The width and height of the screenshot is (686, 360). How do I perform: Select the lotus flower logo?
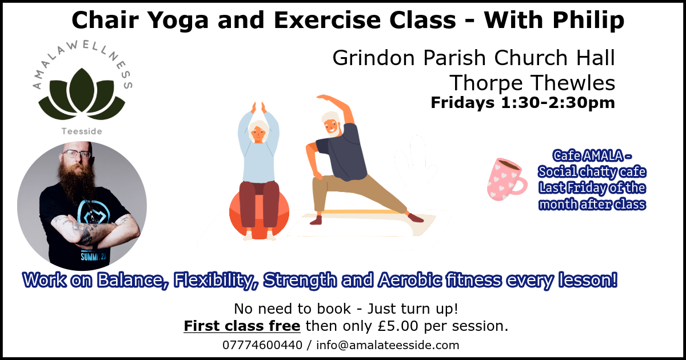point(82,93)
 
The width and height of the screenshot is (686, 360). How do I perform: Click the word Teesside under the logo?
point(82,131)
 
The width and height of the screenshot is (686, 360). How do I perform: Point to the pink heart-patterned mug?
point(506,179)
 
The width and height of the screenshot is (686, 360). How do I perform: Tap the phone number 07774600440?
point(262,345)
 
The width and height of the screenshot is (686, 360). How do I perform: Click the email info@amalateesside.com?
point(388,345)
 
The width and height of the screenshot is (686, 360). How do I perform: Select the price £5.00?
point(398,326)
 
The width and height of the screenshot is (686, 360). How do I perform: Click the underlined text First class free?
point(242,326)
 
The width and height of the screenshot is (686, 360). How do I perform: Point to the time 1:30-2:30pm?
point(558,103)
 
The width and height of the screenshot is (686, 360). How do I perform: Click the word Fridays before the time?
point(462,102)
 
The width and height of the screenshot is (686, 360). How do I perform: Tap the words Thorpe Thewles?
point(532,83)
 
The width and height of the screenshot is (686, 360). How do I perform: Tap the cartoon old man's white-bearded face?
point(331,124)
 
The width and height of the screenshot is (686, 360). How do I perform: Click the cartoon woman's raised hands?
point(258,107)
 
